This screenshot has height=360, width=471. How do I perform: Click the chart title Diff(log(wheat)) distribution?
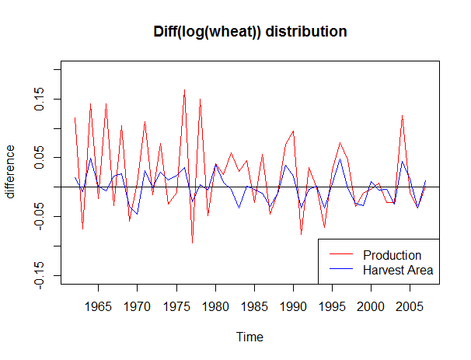pyautogui.click(x=249, y=32)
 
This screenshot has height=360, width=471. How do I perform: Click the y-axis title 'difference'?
pyautogui.click(x=11, y=172)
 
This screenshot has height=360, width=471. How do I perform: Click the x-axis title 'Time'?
pyautogui.click(x=249, y=337)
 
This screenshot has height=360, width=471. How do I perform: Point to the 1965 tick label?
pyautogui.click(x=98, y=306)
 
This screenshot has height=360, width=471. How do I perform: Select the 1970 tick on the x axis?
pyautogui.click(x=137, y=306)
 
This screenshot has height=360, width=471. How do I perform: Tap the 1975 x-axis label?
pyautogui.click(x=176, y=306)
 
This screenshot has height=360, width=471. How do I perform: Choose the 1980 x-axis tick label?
pyautogui.click(x=215, y=306)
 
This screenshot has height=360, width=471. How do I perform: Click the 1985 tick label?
pyautogui.click(x=254, y=306)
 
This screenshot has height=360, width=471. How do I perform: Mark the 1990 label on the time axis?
pyautogui.click(x=293, y=306)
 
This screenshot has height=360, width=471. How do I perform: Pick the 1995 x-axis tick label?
pyautogui.click(x=332, y=306)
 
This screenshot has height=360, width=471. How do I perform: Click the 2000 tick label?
pyautogui.click(x=371, y=306)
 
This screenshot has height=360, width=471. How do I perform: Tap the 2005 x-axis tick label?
pyautogui.click(x=410, y=306)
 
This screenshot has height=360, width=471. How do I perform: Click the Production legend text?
pyautogui.click(x=392, y=255)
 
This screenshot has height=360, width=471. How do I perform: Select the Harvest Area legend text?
pyautogui.click(x=397, y=270)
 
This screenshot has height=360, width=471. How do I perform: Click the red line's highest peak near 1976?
pyautogui.click(x=184, y=90)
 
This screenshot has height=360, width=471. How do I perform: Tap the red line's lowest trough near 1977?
pyautogui.click(x=192, y=243)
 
